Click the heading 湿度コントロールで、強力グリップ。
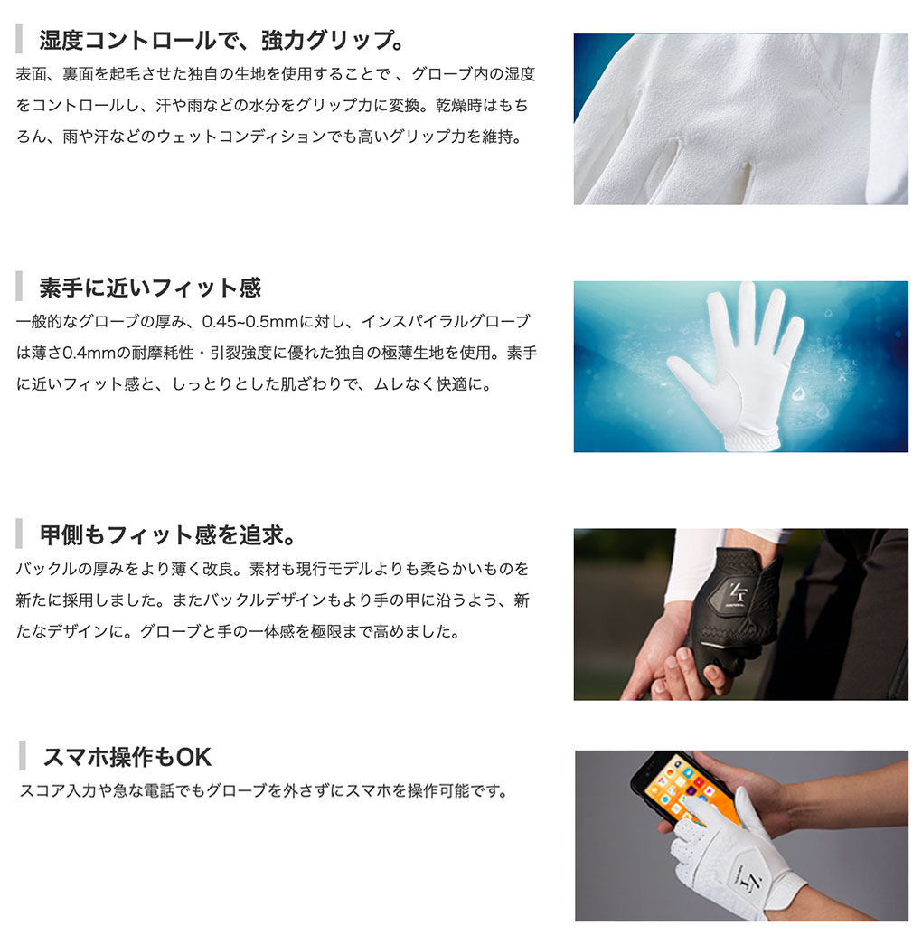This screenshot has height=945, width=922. point(221,40)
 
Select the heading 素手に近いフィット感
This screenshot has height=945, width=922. point(150,288)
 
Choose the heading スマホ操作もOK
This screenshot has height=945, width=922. point(127,757)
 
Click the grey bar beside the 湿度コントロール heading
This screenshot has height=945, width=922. point(19,39)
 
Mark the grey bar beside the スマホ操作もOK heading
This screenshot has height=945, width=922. point(23,756)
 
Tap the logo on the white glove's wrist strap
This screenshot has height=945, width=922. point(749,882)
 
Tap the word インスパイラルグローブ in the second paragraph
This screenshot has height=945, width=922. point(446,322)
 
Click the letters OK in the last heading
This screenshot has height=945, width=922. point(194,758)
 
